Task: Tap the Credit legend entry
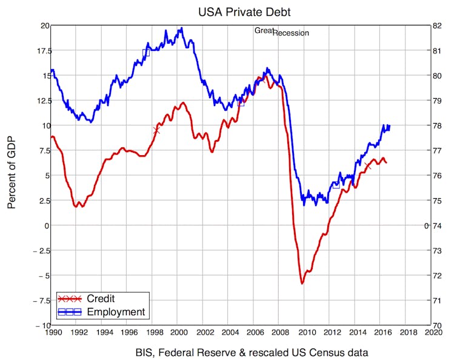click(x=100, y=299)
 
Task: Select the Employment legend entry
click(x=116, y=312)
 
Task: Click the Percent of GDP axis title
click(x=12, y=173)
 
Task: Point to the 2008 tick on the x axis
click(x=280, y=332)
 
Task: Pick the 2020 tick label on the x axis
click(x=432, y=332)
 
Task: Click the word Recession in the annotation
click(x=291, y=33)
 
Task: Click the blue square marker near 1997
click(x=145, y=53)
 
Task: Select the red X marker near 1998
click(x=156, y=130)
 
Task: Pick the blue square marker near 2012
click(x=336, y=185)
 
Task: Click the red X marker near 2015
click(x=368, y=165)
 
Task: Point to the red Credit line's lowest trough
click(x=302, y=283)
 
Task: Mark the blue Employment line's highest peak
click(x=180, y=28)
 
